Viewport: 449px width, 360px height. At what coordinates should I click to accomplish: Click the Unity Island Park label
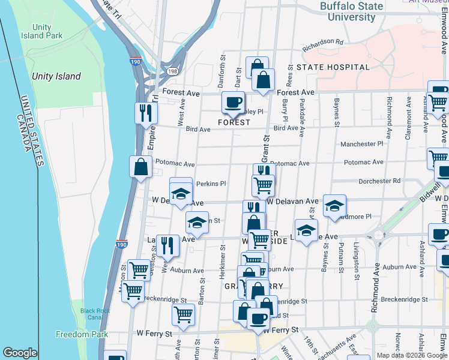tap(47, 31)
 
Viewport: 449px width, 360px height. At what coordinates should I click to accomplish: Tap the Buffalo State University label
tap(351, 11)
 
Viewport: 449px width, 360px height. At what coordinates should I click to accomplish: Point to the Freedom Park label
tap(82, 334)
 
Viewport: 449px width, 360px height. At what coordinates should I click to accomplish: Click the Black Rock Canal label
tap(95, 314)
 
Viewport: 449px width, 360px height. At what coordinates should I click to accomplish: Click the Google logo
tap(20, 353)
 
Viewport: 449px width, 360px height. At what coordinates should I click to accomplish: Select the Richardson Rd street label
tap(322, 43)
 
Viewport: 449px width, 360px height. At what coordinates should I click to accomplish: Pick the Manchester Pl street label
tap(361, 144)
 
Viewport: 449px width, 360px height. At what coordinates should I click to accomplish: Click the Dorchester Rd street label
tap(379, 181)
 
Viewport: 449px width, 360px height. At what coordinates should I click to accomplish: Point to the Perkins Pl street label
tap(211, 184)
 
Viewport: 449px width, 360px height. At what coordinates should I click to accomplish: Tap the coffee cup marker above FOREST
tap(233, 102)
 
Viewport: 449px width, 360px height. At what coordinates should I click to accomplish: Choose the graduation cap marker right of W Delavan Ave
tap(334, 205)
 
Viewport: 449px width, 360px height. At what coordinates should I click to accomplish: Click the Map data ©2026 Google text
tap(412, 355)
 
